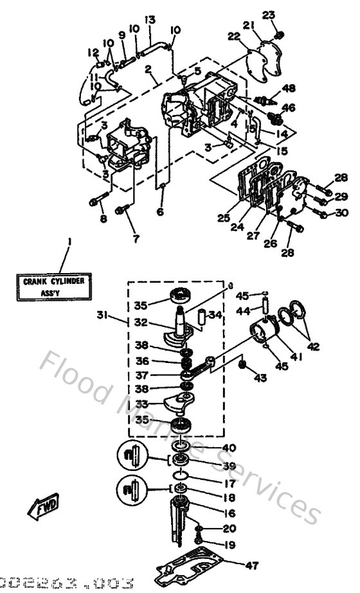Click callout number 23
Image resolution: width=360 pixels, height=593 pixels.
269,14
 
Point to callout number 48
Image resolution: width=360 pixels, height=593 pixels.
288,88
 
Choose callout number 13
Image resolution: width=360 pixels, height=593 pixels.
150,20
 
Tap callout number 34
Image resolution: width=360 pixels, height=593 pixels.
215,315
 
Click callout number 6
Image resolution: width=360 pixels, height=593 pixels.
160,212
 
